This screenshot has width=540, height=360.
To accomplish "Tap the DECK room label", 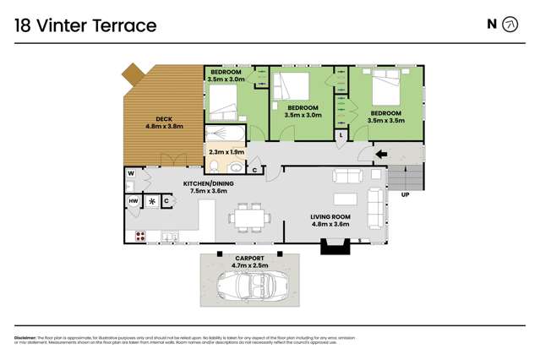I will [164, 119].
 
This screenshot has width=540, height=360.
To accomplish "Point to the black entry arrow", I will [381, 154].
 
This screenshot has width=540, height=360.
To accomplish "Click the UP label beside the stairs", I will [405, 194].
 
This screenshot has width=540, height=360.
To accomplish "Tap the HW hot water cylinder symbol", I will [134, 200].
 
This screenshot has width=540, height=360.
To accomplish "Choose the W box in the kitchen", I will [131, 173].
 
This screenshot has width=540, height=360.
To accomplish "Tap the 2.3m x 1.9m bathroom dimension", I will [226, 152].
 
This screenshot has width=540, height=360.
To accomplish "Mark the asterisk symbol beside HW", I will [151, 201].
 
